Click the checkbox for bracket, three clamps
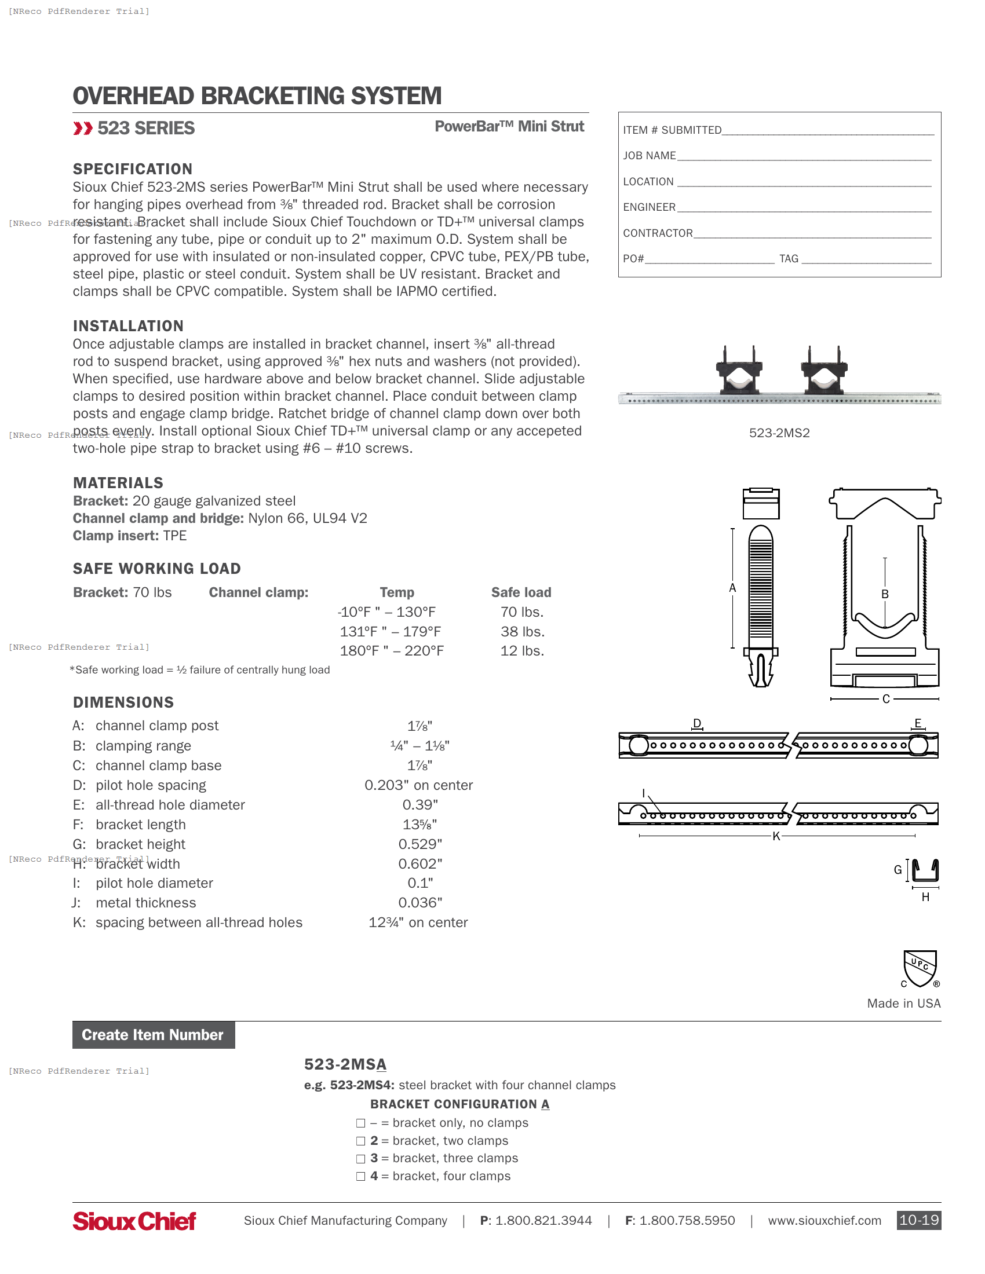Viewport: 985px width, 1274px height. [360, 1159]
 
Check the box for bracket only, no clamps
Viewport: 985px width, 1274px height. [360, 1123]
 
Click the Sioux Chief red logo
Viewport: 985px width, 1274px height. [134, 1221]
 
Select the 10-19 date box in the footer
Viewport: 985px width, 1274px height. [918, 1220]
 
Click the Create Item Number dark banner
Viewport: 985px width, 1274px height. [154, 1035]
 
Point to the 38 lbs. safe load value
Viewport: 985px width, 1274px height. [522, 632]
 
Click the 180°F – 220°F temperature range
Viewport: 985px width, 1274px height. [392, 651]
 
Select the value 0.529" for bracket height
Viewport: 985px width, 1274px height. [420, 844]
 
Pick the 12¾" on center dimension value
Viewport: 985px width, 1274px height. [418, 922]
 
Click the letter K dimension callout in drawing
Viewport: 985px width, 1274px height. [776, 837]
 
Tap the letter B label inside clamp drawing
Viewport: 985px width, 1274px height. [885, 594]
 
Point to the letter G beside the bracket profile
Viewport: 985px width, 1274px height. [898, 870]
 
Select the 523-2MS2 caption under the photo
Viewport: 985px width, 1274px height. [779, 433]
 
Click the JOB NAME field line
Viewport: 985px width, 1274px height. [804, 156]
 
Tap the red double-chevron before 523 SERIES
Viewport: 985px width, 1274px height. [83, 129]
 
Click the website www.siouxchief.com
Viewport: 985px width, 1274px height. [824, 1221]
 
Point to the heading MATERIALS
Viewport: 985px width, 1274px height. [118, 483]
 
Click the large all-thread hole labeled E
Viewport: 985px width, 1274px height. [918, 745]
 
